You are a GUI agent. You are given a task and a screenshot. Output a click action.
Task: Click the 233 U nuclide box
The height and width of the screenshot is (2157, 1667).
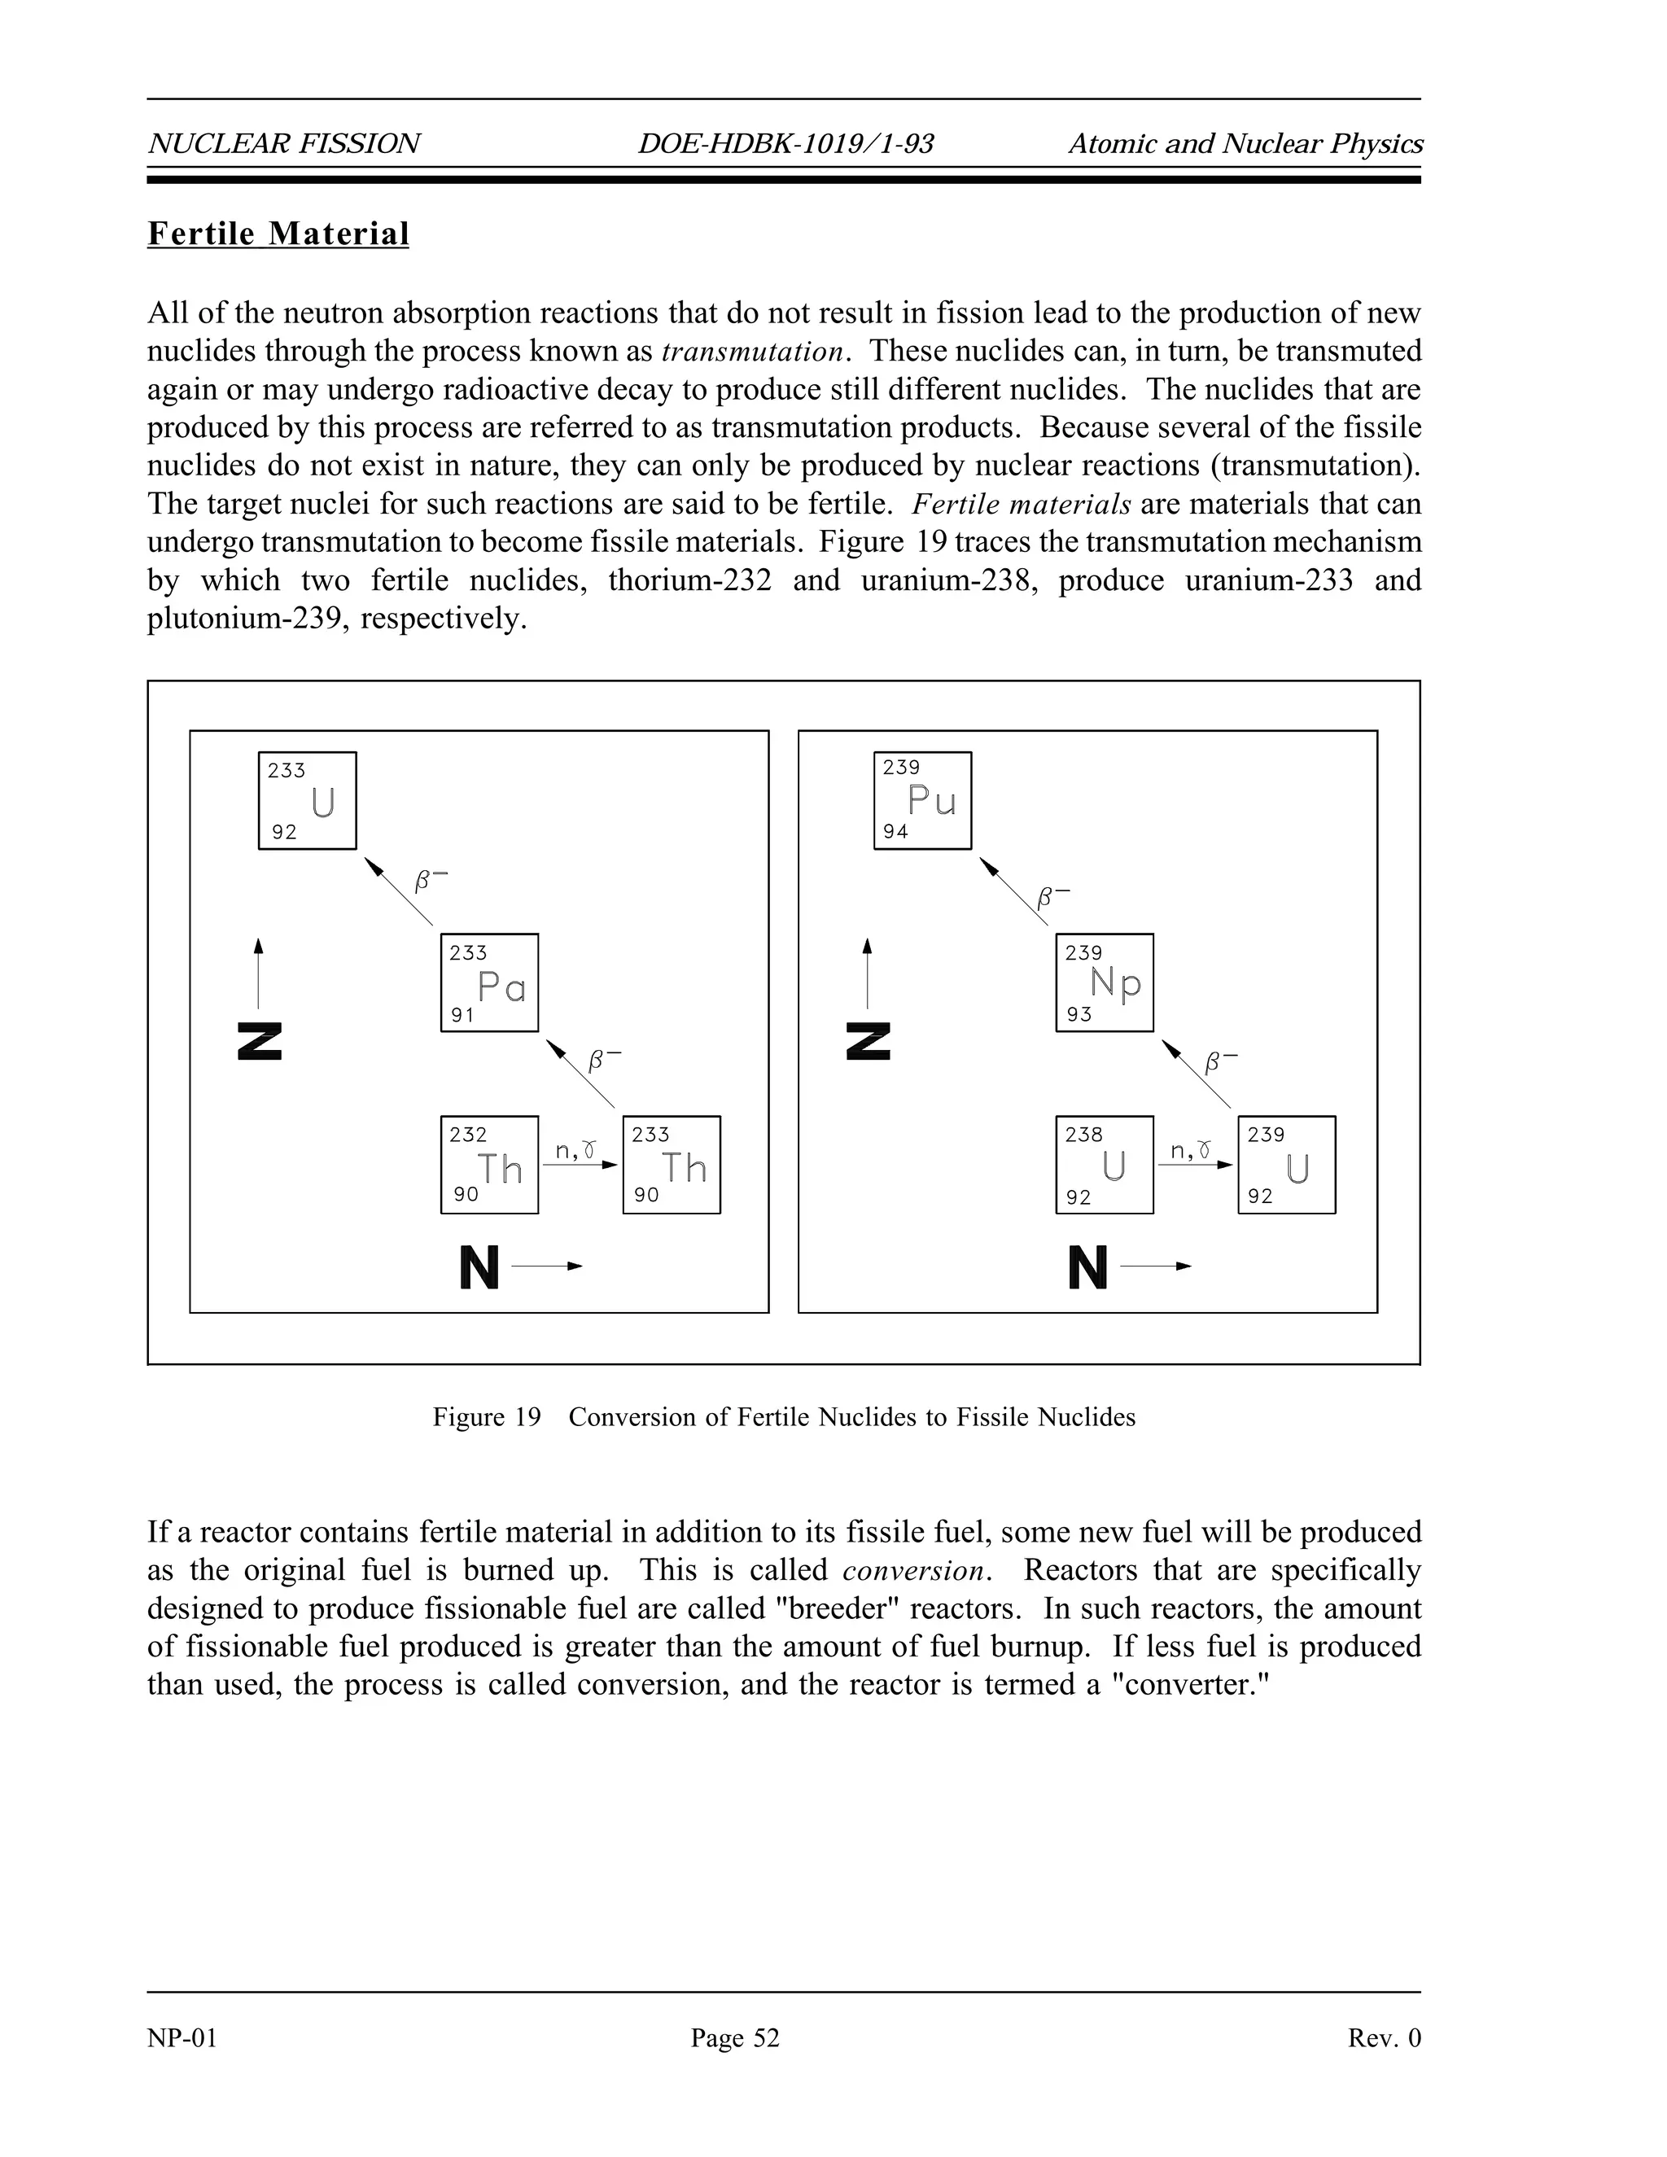coord(307,800)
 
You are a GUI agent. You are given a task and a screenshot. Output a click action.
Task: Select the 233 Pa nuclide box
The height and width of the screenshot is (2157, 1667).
coord(489,982)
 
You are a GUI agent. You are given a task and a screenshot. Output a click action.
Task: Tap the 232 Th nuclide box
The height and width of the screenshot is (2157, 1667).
coord(489,1165)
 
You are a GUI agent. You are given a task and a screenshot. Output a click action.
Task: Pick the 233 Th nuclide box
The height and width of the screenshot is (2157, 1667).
coord(672,1165)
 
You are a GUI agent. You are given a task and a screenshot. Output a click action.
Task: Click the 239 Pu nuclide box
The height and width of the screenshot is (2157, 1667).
coord(922,800)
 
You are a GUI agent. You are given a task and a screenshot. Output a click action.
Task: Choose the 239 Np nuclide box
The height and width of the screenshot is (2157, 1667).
coord(1104,982)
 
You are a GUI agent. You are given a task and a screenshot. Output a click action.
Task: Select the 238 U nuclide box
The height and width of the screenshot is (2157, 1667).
coord(1104,1165)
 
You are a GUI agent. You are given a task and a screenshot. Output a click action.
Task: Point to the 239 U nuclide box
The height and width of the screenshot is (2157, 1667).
coord(1287,1165)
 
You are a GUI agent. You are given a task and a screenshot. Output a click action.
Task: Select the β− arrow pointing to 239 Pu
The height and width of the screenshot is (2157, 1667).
coord(1013,890)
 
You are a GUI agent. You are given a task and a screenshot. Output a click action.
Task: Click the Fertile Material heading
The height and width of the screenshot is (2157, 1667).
coord(278,234)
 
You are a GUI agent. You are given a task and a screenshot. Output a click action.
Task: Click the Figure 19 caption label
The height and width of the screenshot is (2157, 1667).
coord(487,1417)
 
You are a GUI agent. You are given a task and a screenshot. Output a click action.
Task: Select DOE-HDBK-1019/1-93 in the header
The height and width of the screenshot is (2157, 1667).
coord(785,144)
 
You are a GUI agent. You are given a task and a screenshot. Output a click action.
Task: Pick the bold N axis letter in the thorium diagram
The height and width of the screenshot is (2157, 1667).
coord(479,1267)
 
